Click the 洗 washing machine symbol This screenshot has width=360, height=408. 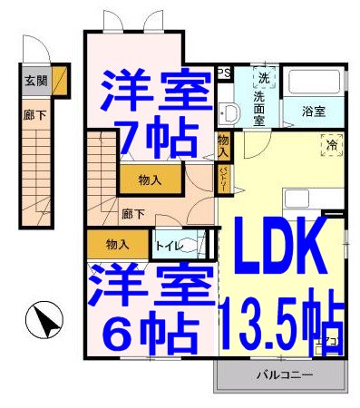263,77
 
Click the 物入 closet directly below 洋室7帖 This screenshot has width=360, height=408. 151,180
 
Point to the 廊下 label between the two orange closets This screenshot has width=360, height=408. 133,215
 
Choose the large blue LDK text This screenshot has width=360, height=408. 281,244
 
